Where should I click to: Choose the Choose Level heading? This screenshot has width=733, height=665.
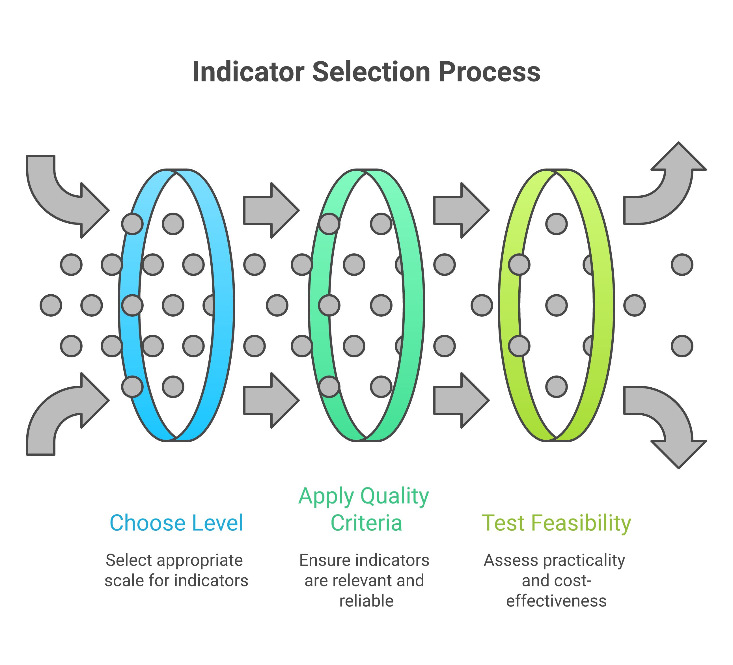click(x=176, y=523)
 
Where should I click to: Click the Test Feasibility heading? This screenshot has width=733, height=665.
click(x=556, y=523)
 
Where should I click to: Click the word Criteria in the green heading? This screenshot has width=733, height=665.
click(x=366, y=523)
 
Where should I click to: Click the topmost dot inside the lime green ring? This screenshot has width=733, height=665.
click(x=556, y=224)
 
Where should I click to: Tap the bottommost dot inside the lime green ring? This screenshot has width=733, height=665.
click(x=556, y=387)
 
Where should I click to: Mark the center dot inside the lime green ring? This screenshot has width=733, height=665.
click(x=556, y=305)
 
